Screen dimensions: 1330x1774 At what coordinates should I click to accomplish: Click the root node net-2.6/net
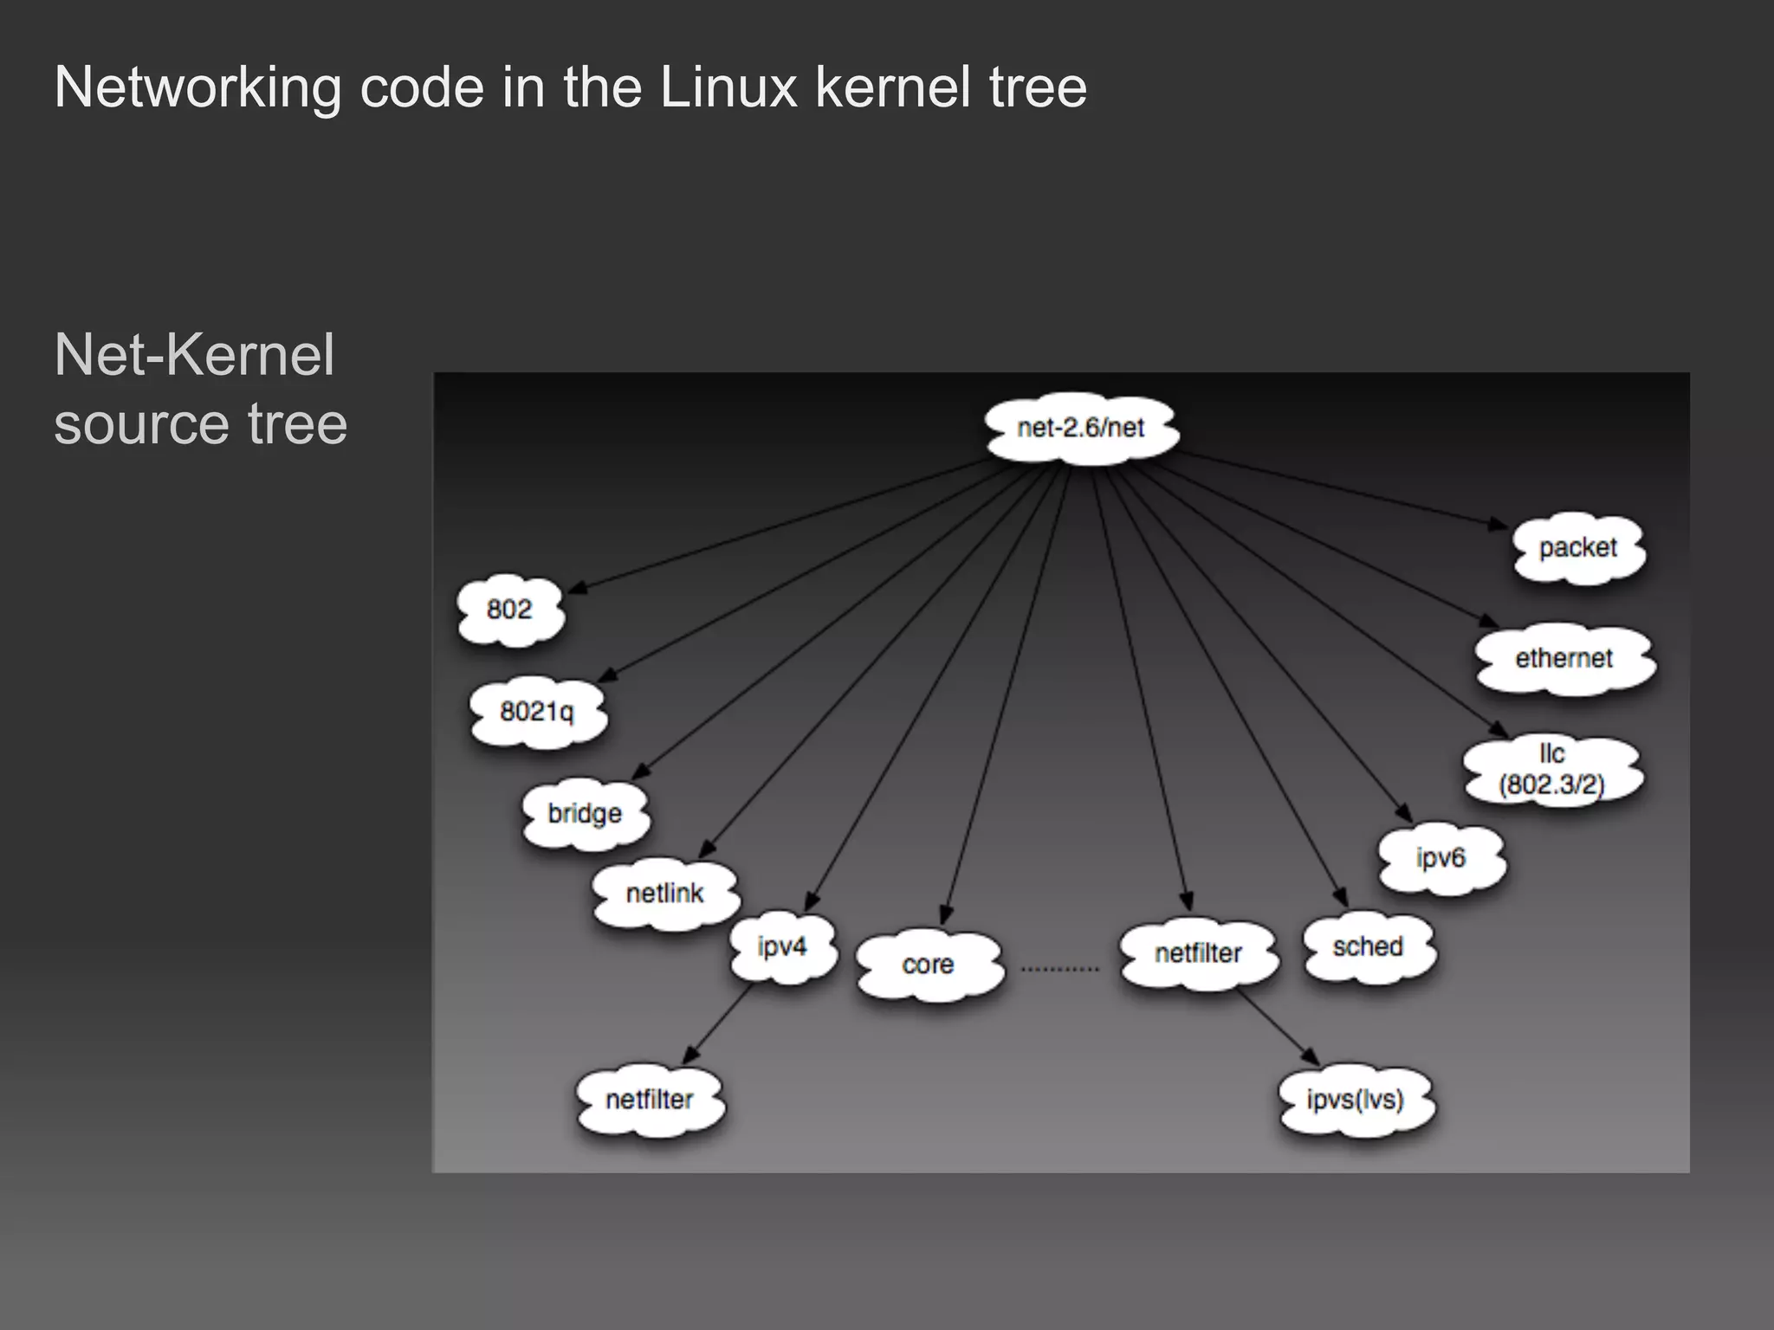point(1081,429)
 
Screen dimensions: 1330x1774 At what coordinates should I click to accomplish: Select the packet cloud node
point(1577,548)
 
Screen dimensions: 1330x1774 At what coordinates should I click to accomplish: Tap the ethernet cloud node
point(1564,659)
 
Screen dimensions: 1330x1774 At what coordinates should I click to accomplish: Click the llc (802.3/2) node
point(1551,769)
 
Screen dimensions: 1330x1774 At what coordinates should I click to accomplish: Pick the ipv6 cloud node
point(1441,858)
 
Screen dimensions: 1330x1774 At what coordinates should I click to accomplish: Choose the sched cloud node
point(1368,947)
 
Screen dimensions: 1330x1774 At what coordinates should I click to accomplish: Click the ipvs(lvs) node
point(1355,1101)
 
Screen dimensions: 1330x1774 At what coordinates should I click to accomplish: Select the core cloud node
point(928,965)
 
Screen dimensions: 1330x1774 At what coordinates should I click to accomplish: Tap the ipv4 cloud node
point(782,946)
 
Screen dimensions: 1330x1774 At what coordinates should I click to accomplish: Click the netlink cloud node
point(664,894)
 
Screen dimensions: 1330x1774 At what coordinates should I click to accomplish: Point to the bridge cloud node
point(585,814)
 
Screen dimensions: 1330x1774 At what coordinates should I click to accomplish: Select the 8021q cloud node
point(537,712)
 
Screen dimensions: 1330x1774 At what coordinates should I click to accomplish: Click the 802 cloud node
point(509,610)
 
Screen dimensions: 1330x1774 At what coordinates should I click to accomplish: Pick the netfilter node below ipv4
point(650,1101)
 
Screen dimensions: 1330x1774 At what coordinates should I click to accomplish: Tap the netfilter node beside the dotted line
point(1198,954)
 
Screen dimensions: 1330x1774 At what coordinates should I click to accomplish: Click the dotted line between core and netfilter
point(1060,969)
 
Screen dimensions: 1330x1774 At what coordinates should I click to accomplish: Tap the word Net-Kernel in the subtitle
point(194,355)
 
